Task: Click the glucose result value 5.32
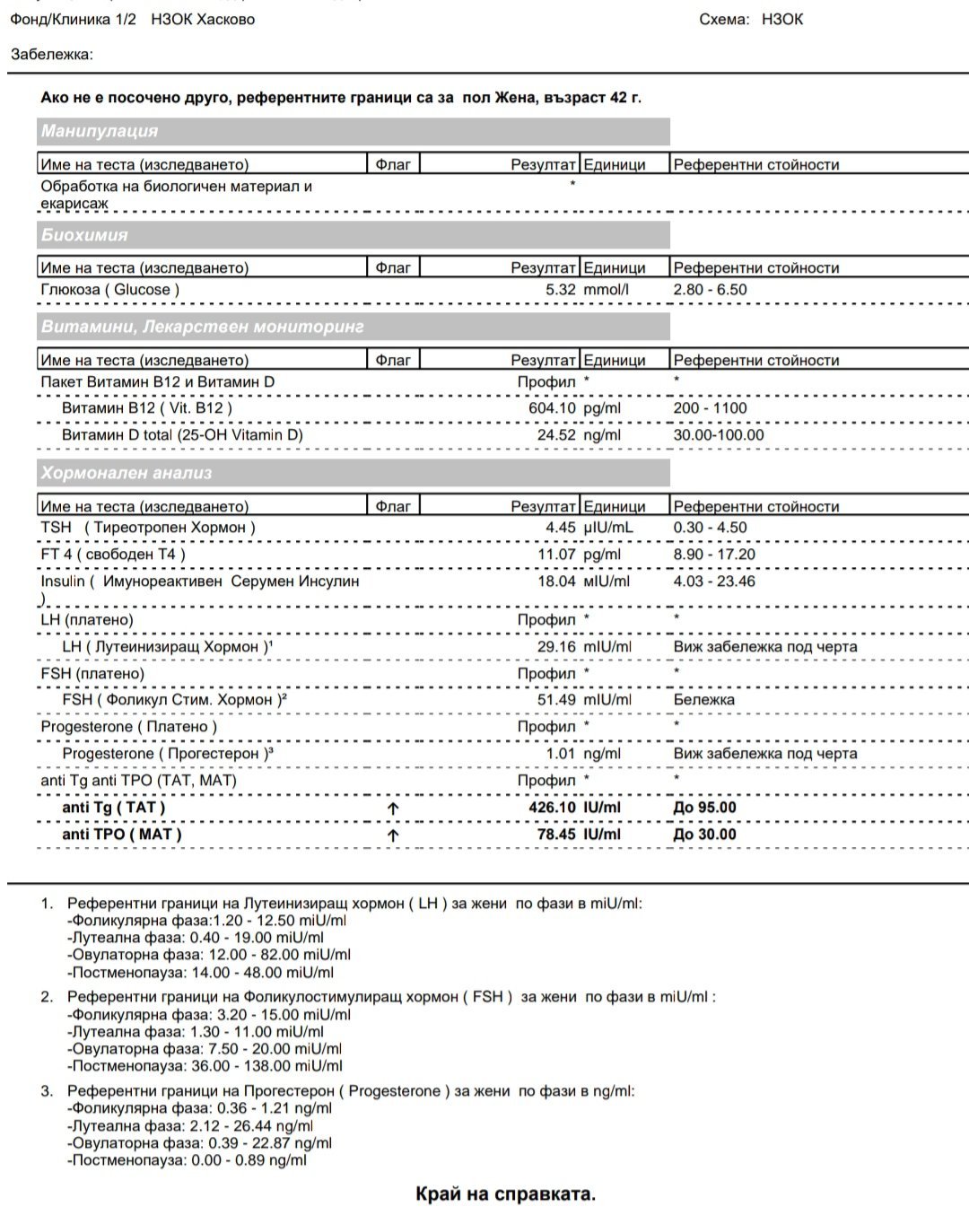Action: point(560,290)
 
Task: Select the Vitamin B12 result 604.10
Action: point(552,408)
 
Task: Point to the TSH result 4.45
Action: point(560,528)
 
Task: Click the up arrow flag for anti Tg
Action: point(393,809)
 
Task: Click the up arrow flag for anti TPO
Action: point(393,835)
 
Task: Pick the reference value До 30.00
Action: point(704,835)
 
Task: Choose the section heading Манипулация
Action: point(99,131)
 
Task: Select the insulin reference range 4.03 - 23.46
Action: point(714,581)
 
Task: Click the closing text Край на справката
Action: point(505,1194)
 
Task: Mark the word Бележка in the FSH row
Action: point(703,700)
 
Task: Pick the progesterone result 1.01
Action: point(560,754)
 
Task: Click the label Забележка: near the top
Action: point(51,55)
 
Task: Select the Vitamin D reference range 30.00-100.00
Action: point(719,435)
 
